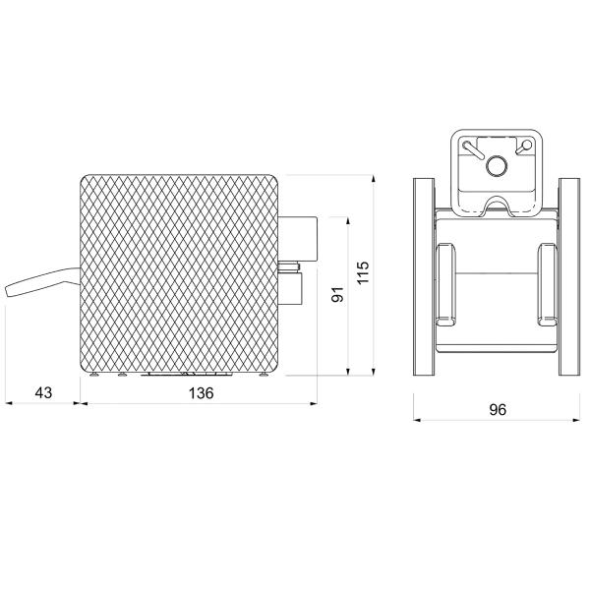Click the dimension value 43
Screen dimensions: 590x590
(43, 392)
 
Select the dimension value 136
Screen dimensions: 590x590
(201, 393)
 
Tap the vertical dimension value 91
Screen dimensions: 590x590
(337, 294)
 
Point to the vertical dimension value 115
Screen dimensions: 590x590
(363, 272)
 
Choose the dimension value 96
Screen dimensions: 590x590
(498, 410)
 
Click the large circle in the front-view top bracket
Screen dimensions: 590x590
(497, 165)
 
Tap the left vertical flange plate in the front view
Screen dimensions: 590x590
(424, 276)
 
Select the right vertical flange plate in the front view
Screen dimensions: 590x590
(569, 276)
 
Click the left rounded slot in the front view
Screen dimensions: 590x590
(445, 284)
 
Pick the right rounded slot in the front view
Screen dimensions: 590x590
(548, 284)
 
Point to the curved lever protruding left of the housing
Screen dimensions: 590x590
(42, 282)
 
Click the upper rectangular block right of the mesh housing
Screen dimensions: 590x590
(298, 239)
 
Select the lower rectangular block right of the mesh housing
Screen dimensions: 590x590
(290, 289)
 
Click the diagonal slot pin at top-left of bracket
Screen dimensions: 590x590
(474, 150)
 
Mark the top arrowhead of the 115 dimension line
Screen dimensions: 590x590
(374, 179)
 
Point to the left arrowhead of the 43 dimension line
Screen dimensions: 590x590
(9, 403)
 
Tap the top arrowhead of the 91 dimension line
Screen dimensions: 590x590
(348, 221)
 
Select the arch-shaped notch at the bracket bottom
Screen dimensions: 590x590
(497, 206)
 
